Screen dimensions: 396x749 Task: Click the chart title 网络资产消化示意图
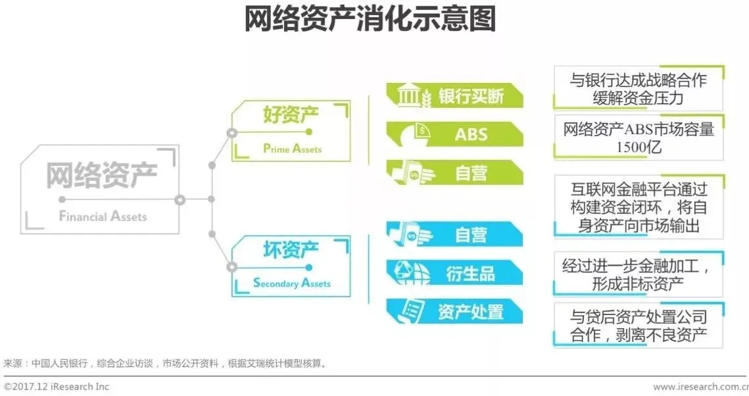click(x=370, y=19)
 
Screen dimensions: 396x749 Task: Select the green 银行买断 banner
click(x=454, y=95)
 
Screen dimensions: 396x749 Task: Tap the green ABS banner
click(x=454, y=134)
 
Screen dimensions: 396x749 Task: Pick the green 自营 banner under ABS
click(x=454, y=173)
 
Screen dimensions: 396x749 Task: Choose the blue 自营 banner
click(x=454, y=235)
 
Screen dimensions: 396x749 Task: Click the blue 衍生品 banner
click(x=454, y=273)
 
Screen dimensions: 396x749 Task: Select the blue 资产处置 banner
click(x=454, y=312)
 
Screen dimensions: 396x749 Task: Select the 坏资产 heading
click(x=291, y=250)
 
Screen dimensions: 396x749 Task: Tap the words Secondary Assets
click(x=292, y=284)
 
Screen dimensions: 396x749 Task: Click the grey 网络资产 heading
click(x=101, y=176)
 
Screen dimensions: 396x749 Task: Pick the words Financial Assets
click(x=103, y=216)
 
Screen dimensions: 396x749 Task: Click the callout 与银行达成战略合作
click(x=638, y=80)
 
